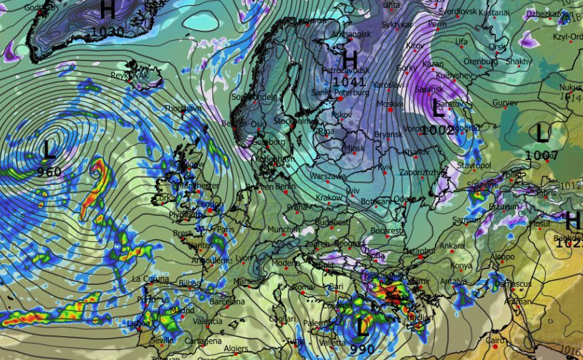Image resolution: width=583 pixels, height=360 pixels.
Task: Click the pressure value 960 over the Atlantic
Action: click(x=49, y=172)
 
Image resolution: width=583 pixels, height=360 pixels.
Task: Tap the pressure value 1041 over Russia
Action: click(x=349, y=82)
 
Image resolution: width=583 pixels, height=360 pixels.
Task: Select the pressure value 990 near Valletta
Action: click(x=362, y=349)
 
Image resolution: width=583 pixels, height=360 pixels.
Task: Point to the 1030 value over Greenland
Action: click(x=108, y=31)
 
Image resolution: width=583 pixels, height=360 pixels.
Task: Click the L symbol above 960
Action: click(x=49, y=149)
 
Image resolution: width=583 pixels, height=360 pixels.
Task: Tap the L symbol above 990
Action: click(x=362, y=327)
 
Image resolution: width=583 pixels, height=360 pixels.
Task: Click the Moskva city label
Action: click(x=390, y=104)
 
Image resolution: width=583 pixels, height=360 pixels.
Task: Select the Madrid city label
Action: click(x=181, y=310)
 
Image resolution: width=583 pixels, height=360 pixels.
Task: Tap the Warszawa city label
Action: click(x=328, y=177)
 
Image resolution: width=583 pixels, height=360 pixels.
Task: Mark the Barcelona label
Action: click(x=226, y=302)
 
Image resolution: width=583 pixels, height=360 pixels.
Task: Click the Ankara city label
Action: click(x=452, y=246)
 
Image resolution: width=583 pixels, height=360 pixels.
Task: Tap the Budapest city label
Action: click(x=332, y=221)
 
